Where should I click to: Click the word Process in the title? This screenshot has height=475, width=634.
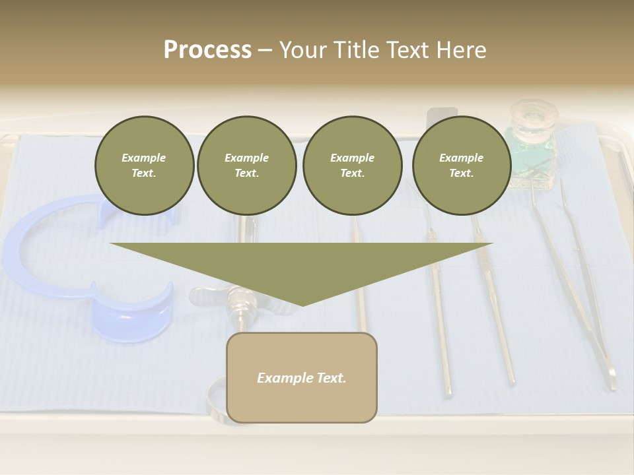click(207, 50)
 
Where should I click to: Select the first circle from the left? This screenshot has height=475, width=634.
click(144, 166)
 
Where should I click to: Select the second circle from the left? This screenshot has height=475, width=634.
click(246, 166)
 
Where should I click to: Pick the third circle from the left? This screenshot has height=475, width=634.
click(352, 166)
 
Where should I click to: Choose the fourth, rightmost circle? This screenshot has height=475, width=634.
click(461, 166)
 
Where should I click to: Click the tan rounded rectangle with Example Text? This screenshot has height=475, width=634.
click(302, 377)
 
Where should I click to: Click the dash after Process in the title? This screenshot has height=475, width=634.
click(265, 50)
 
